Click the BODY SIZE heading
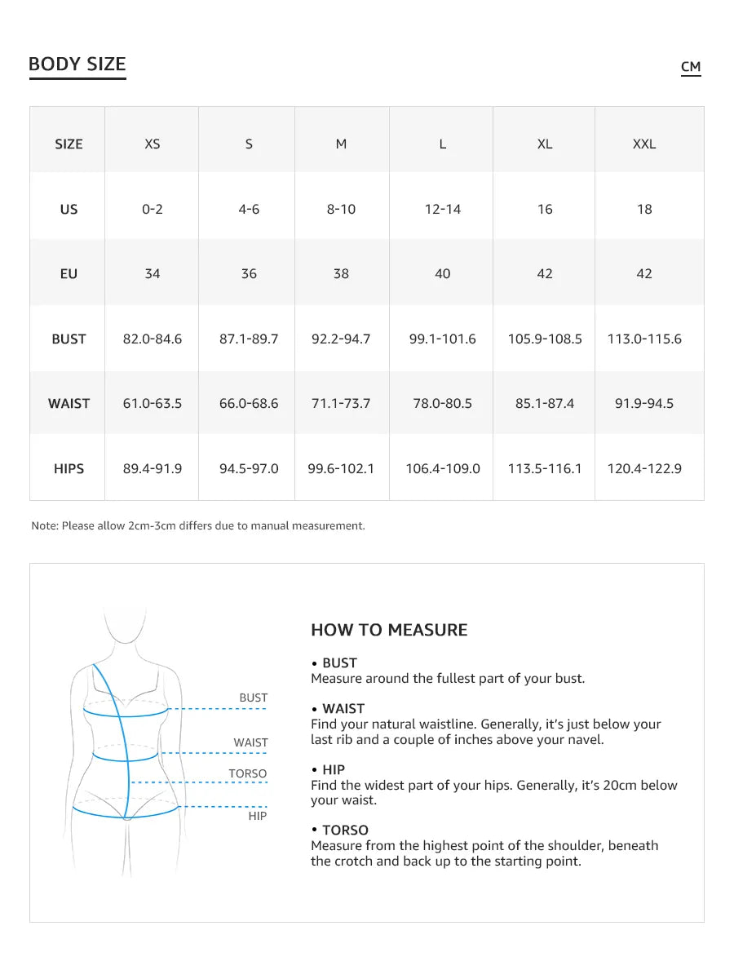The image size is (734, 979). (x=77, y=64)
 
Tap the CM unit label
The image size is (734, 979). (x=691, y=67)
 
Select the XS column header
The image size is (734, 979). (x=153, y=144)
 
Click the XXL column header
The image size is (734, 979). (x=644, y=144)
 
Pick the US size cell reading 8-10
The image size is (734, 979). (x=341, y=209)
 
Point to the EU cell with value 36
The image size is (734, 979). (x=249, y=273)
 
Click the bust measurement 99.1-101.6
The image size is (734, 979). (x=442, y=339)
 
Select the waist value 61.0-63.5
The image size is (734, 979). (x=153, y=403)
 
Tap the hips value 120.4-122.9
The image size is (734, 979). (x=644, y=468)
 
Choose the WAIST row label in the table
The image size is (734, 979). (x=69, y=403)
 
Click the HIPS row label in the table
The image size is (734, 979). (x=69, y=468)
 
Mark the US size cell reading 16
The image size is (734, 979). (x=545, y=209)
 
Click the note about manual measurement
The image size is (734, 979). (x=198, y=525)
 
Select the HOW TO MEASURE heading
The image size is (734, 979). (x=389, y=630)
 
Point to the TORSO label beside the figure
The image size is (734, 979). (x=247, y=773)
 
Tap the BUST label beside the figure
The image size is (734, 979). (x=253, y=698)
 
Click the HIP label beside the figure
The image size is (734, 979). (x=257, y=815)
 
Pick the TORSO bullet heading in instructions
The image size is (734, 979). (x=345, y=830)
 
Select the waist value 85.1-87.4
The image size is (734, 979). (x=545, y=403)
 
